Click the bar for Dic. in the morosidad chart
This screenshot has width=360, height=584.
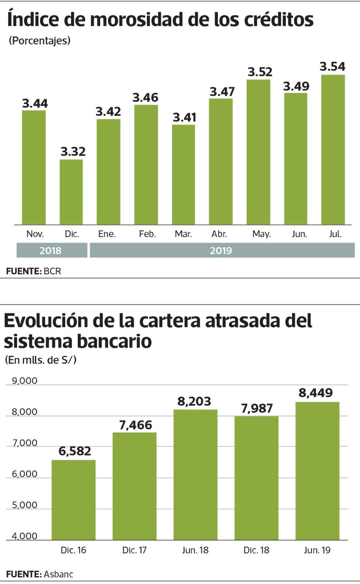click(71, 192)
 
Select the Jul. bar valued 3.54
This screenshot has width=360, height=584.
click(333, 150)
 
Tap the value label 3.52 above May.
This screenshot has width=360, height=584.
click(260, 72)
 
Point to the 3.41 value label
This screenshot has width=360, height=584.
click(184, 117)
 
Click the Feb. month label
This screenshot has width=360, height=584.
click(147, 234)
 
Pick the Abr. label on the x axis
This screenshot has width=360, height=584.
click(219, 234)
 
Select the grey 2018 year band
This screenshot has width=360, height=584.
click(51, 251)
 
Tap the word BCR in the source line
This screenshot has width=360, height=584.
click(52, 271)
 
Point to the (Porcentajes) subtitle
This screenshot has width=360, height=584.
click(39, 40)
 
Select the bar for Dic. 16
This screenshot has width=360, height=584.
click(73, 500)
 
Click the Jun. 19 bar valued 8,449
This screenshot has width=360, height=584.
click(317, 471)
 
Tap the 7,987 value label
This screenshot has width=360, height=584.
click(257, 408)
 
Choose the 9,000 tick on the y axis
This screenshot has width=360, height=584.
click(25, 381)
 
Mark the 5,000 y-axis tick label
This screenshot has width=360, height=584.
click(25, 505)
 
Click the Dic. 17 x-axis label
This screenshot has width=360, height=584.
click(134, 550)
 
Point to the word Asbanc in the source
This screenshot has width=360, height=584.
click(58, 574)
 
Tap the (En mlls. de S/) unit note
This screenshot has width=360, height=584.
click(40, 360)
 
